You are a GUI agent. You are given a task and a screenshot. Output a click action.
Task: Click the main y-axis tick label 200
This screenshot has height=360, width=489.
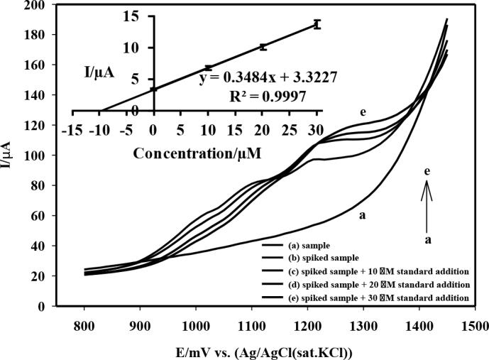pyautogui.click(x=40, y=5)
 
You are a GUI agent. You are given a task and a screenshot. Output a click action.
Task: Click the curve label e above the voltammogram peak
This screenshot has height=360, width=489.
pyautogui.click(x=363, y=111)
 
